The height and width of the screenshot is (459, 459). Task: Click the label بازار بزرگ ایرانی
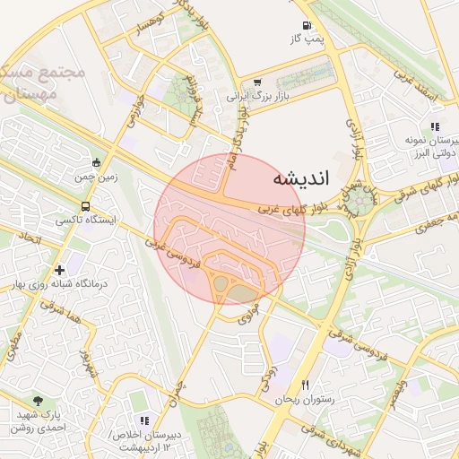click(260, 93)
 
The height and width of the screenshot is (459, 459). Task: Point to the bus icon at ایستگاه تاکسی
click(85, 207)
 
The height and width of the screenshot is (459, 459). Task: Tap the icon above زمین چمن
click(97, 162)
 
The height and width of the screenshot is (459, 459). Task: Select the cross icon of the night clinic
click(59, 270)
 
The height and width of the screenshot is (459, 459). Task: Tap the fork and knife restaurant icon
click(306, 385)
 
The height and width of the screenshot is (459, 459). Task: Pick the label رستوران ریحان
click(305, 399)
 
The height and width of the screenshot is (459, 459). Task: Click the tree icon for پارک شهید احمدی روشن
click(37, 401)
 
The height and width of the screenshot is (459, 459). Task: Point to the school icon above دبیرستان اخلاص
click(143, 420)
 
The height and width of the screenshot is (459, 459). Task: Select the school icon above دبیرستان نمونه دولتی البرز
click(435, 127)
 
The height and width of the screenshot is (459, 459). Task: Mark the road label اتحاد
click(30, 238)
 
